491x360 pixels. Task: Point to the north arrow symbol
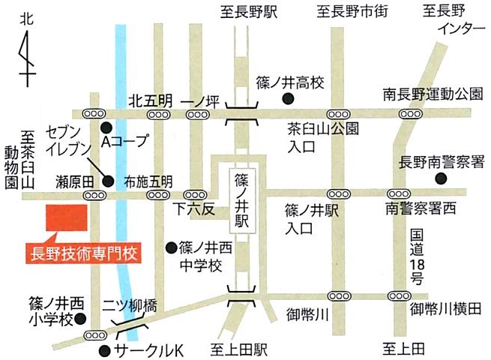pos(27,56)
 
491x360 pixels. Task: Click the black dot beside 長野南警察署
pos(440,178)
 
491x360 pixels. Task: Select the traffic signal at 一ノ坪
pos(197,114)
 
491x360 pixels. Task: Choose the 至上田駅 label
pos(239,349)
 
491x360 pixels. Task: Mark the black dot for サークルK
pos(104,349)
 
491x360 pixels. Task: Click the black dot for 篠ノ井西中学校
pos(171,247)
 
